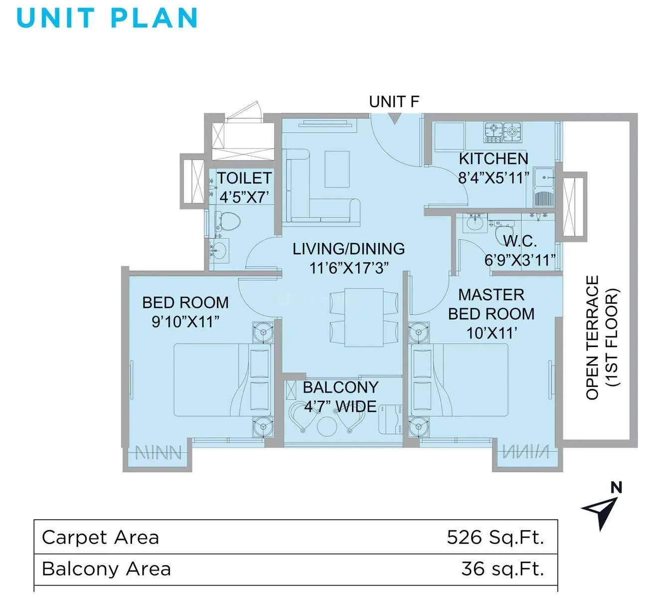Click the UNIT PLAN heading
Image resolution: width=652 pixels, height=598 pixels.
[107, 18]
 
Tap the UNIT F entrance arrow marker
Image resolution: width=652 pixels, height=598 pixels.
[394, 119]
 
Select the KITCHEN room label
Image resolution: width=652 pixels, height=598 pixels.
[493, 159]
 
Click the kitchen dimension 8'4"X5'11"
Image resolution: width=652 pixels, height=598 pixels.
[493, 178]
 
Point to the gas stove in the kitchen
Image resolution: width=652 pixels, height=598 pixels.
[503, 132]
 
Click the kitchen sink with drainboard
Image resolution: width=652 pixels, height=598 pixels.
[543, 188]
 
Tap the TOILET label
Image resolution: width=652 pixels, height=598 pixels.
[244, 178]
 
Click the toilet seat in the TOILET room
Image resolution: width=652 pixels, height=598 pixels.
[228, 221]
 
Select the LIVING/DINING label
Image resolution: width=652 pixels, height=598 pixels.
[348, 248]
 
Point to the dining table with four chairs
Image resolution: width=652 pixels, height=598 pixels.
[364, 317]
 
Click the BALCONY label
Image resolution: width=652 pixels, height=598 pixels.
[340, 388]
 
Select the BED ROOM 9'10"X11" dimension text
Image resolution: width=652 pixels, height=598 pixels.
[185, 322]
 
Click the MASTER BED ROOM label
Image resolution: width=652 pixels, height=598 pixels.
[491, 304]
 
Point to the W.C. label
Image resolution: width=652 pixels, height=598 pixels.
[520, 241]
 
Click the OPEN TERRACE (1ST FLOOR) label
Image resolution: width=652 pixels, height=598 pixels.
[602, 338]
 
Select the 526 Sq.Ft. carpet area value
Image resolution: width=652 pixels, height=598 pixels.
[495, 537]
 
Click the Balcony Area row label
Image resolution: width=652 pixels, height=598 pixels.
[106, 569]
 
